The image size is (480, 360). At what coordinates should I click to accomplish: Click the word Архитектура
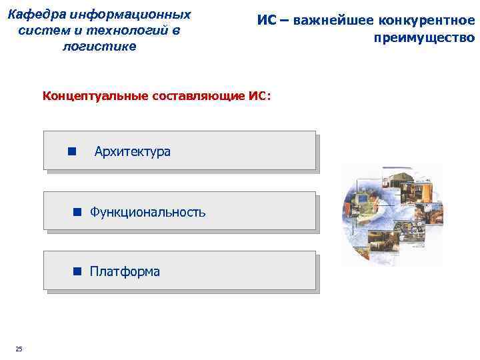133,151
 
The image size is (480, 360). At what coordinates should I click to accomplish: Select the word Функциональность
147,212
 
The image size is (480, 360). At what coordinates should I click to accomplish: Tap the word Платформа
125,271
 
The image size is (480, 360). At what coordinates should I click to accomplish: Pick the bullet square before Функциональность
77,212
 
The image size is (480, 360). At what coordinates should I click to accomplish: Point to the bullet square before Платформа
77,271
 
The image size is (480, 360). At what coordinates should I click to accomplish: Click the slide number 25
19,349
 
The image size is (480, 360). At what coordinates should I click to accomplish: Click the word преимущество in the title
424,38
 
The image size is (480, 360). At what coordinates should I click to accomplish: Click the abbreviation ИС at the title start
266,21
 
